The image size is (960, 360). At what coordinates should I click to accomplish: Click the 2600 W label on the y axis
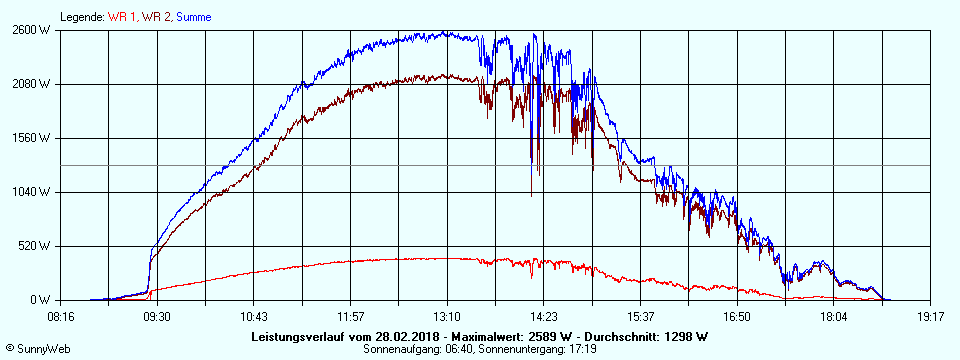31,30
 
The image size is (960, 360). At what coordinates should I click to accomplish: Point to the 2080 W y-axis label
31,84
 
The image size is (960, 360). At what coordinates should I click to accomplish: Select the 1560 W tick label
31,138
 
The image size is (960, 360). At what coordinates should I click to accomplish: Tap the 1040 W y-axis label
31,192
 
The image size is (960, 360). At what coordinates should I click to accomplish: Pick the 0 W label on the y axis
40,300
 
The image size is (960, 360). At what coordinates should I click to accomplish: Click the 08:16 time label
61,316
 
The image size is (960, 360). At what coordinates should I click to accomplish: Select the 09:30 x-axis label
157,316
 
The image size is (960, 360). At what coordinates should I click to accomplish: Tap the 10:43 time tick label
254,316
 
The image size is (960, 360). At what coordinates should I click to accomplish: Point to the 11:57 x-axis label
351,316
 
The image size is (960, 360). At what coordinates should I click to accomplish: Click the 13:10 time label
447,316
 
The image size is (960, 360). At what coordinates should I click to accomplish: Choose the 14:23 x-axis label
544,316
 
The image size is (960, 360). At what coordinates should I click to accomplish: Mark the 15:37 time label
641,316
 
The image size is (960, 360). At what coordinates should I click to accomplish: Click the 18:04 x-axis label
834,316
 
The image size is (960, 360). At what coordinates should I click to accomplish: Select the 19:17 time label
931,316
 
